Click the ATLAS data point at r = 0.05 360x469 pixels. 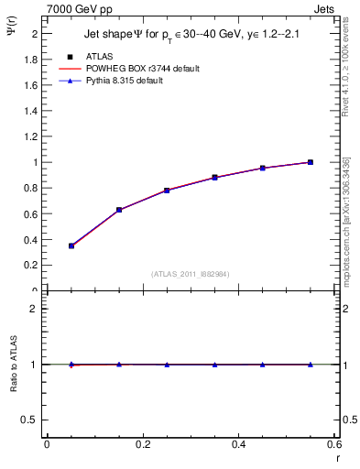[x=71, y=245]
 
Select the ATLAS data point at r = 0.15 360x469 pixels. [x=119, y=210]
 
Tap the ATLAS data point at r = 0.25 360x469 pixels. [x=167, y=191]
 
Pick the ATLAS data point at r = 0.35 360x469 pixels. [x=214, y=178]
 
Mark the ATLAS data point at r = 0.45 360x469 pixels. [x=262, y=169]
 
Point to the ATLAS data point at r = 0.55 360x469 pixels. [x=310, y=162]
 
